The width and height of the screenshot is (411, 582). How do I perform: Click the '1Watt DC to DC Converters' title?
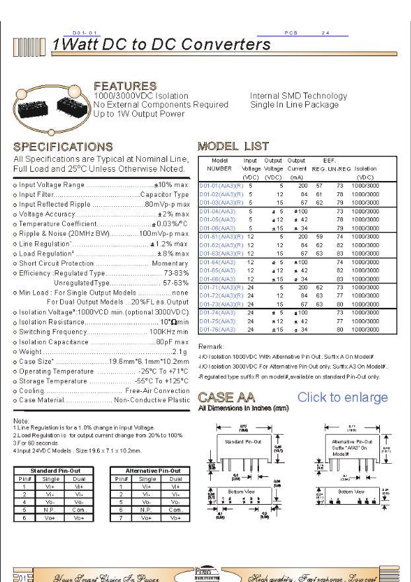161,45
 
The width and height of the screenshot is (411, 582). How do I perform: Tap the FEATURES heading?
125,87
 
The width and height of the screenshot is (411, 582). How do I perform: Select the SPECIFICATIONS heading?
63,147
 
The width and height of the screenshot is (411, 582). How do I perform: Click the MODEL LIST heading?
233,146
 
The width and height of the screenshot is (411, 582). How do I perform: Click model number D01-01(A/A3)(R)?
221,186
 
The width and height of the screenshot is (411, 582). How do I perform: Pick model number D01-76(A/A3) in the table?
217,329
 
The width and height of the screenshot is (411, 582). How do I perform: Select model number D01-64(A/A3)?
217,262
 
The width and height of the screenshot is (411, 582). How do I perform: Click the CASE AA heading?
226,398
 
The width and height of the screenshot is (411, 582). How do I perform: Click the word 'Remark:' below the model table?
211,346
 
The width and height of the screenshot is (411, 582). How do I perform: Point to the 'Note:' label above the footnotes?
20,421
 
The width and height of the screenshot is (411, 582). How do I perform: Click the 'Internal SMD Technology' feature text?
298,96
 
